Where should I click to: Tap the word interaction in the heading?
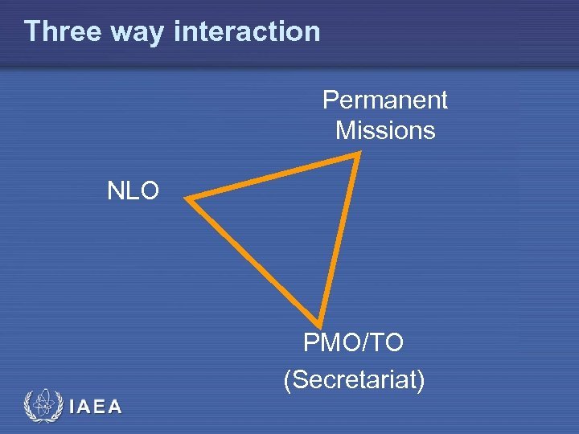point(246,31)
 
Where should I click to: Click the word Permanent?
point(384,100)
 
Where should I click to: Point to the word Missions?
point(385,130)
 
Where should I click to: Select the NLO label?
point(133,191)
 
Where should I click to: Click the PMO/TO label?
point(354,343)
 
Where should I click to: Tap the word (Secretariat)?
point(354,379)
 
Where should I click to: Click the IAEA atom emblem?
point(42,406)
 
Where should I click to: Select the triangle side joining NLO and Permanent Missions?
point(273,176)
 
